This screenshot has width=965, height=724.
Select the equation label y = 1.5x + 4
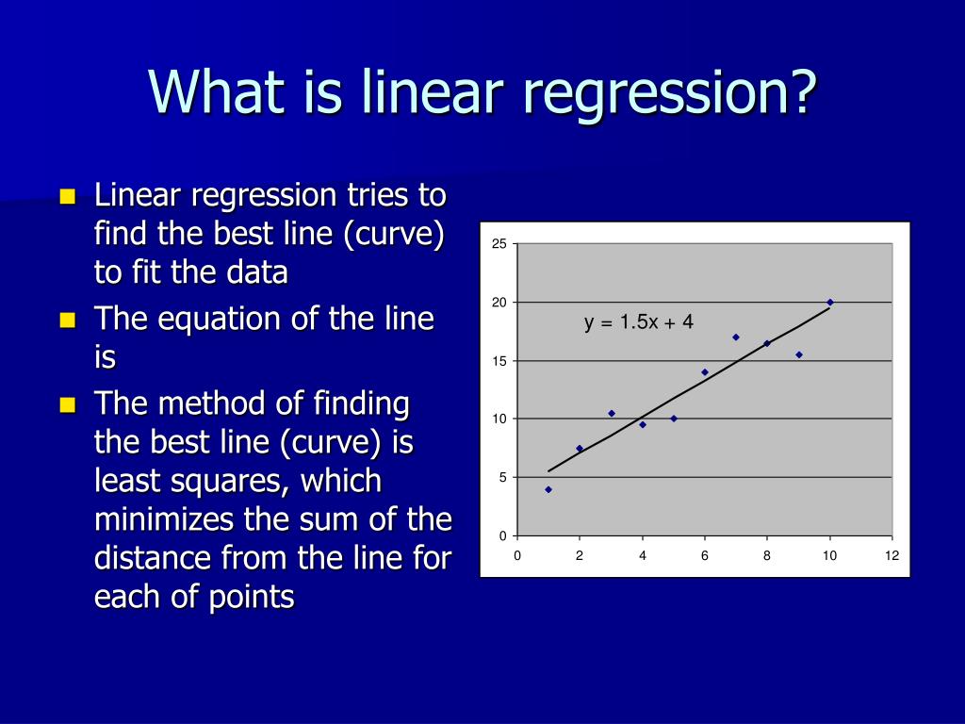pos(638,322)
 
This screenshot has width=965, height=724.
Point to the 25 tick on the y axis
pos(499,245)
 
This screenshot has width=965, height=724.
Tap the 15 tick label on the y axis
pos(499,361)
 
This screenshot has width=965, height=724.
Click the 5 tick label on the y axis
pos(502,478)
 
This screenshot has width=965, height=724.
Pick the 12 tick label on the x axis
pos(891,556)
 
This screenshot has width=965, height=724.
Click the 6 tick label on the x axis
pos(705,556)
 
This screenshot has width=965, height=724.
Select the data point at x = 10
pos(830,303)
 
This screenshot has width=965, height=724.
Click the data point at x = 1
pos(548,489)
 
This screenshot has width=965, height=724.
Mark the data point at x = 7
pos(736,337)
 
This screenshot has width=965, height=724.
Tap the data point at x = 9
pos(799,354)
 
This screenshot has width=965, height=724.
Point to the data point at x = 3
pos(612,413)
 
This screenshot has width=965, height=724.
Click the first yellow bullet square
pos(67,197)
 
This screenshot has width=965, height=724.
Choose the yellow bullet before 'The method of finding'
pos(67,406)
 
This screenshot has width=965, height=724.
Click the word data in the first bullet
pos(256,272)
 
